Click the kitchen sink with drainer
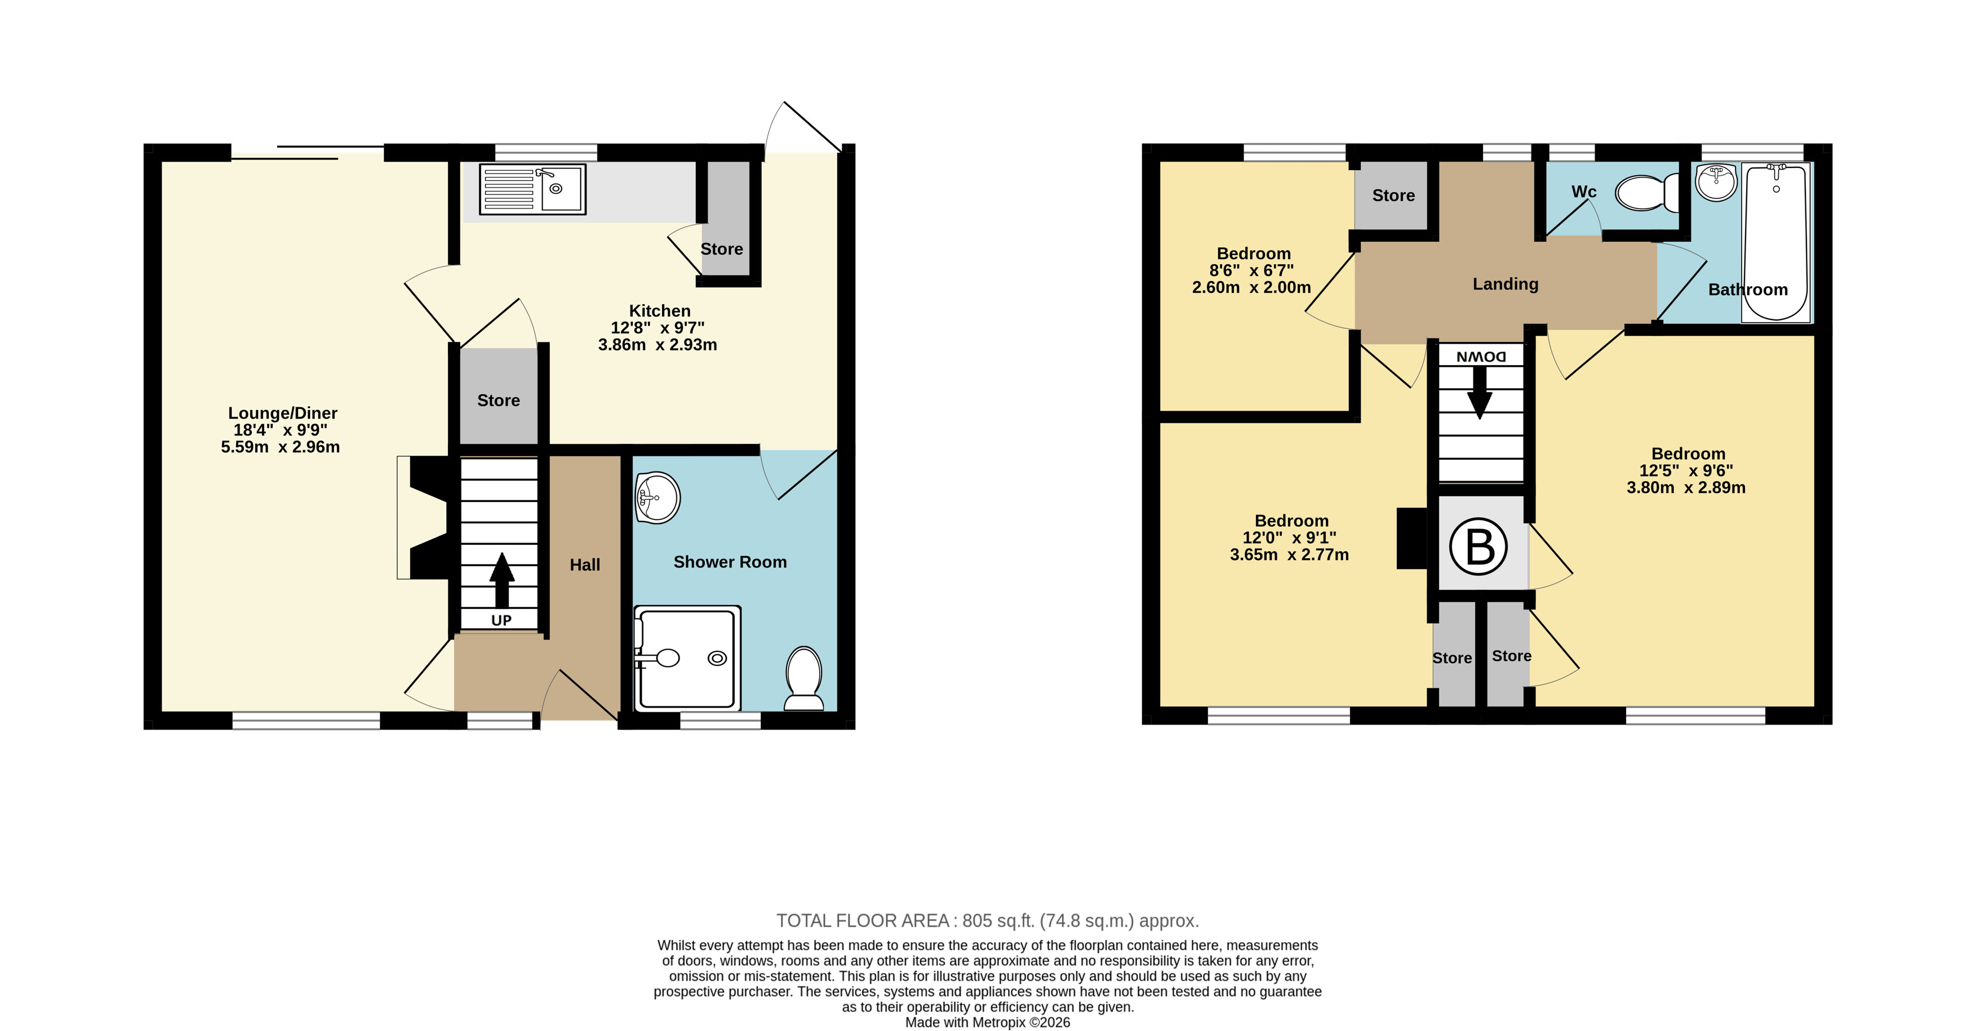tap(532, 189)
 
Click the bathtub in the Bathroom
tap(1776, 242)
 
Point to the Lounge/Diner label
tap(282, 414)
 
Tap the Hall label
tap(584, 566)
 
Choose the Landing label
tap(1505, 285)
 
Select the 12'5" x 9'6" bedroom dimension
tap(1686, 471)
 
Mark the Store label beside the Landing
tap(1393, 195)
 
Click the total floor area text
tap(987, 921)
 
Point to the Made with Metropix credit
tap(987, 1022)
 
